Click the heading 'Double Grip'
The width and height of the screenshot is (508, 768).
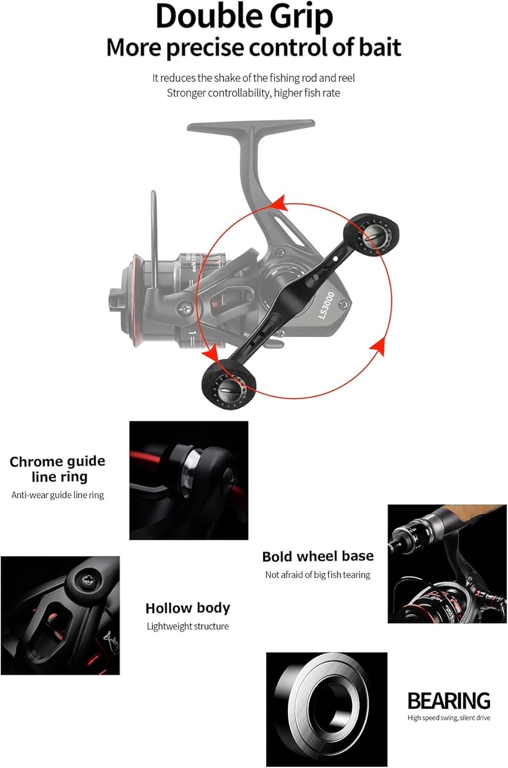244,16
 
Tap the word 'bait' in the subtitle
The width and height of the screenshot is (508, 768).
379,48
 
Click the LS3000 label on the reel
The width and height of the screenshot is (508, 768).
326,305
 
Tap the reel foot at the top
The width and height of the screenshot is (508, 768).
251,126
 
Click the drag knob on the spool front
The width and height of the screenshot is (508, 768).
114,301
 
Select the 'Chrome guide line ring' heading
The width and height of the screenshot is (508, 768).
58,468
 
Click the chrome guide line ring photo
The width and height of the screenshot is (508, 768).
189,480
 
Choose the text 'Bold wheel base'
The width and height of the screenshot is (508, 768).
318,557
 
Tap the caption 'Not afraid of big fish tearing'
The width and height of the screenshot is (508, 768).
318,575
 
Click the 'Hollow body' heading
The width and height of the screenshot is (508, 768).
188,608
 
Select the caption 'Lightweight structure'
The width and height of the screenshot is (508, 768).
188,626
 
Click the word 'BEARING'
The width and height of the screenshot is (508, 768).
449,700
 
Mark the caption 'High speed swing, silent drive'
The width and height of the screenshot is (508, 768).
449,718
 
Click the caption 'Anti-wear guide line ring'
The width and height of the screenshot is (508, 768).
58,495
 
